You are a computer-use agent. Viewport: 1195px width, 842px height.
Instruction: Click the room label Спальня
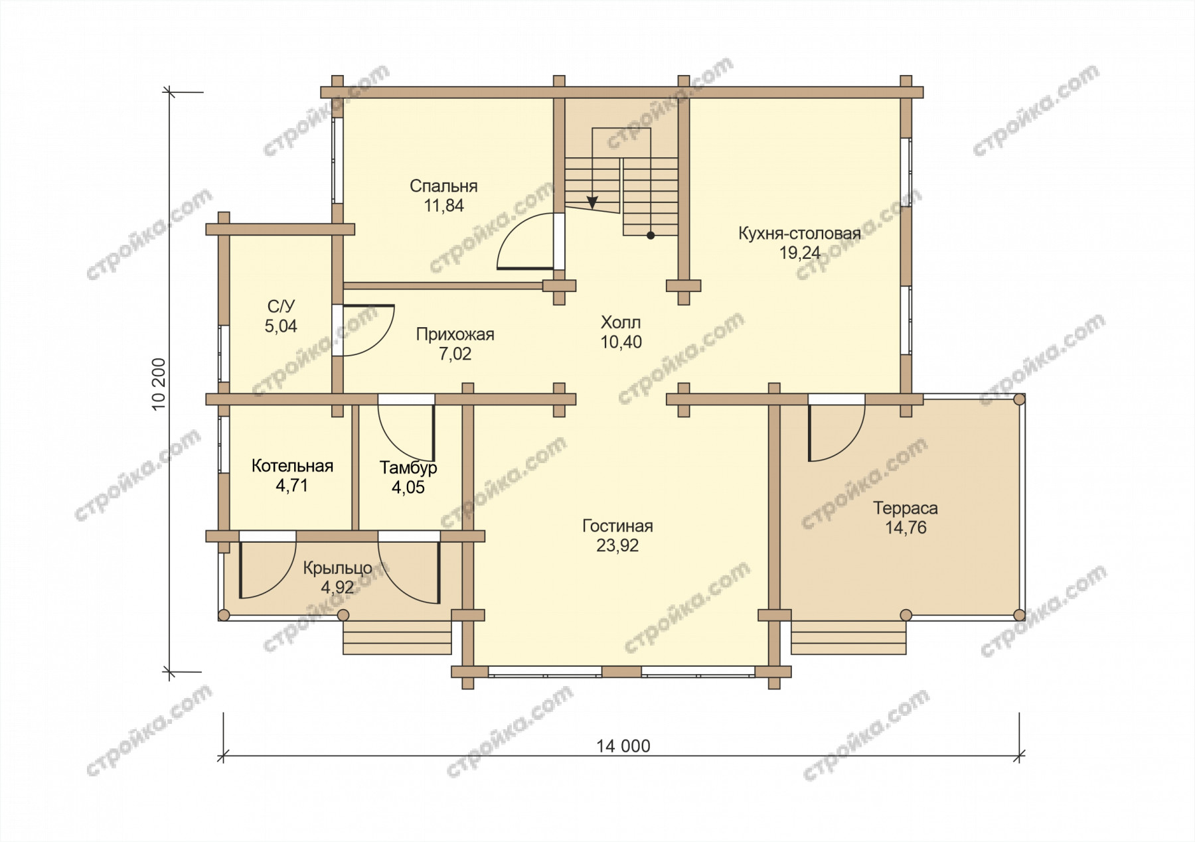click(443, 186)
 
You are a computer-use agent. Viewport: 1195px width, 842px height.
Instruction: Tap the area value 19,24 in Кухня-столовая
click(800, 253)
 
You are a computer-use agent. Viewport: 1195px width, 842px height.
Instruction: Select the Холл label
click(621, 322)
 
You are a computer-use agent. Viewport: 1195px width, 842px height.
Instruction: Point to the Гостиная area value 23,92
click(617, 545)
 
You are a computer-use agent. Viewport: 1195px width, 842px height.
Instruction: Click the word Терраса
click(906, 508)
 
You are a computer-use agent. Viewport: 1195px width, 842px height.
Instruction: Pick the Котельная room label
click(292, 466)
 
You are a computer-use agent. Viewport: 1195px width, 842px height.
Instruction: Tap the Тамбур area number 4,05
click(408, 488)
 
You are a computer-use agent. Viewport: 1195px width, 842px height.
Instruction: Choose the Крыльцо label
click(337, 569)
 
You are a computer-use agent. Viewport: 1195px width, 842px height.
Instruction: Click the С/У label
click(281, 307)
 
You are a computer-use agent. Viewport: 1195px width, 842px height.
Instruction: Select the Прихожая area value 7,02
click(455, 354)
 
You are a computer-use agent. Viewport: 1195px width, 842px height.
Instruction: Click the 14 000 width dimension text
click(623, 746)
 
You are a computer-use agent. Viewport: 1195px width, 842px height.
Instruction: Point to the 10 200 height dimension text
click(159, 385)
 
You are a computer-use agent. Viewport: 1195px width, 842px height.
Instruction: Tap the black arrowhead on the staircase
click(592, 202)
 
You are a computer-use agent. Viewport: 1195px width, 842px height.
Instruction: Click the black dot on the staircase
click(651, 235)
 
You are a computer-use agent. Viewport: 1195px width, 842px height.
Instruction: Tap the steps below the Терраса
click(848, 638)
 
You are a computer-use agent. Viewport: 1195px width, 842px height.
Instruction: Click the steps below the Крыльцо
click(397, 638)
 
